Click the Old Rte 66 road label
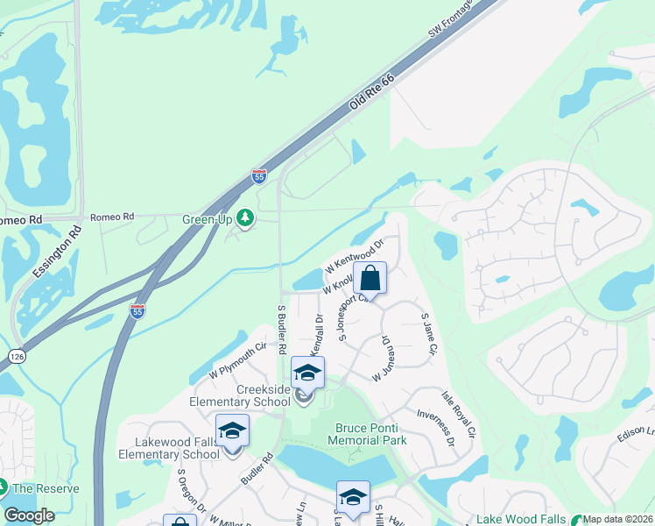373,91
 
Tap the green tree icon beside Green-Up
246,218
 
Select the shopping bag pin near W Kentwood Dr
370,279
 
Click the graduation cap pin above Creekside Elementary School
307,373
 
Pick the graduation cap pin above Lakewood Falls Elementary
232,431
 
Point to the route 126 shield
17,356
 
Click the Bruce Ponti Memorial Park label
371,434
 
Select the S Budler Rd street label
282,329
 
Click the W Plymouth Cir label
237,361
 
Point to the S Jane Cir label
429,334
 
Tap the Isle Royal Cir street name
459,414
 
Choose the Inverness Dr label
436,427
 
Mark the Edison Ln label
637,433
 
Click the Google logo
30,515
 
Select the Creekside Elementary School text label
240,395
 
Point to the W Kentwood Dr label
354,253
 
